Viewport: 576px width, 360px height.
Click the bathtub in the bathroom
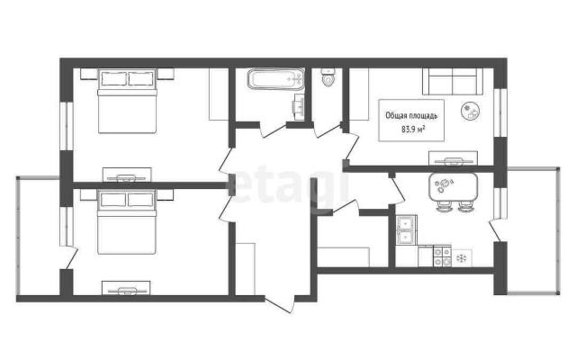[276, 78]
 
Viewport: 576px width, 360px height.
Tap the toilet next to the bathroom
[328, 77]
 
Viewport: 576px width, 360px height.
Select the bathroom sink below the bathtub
[300, 107]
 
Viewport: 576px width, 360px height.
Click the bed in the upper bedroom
[127, 101]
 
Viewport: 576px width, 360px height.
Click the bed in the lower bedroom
[127, 221]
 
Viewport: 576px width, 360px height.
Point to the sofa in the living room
[453, 82]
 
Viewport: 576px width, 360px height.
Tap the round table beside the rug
[470, 111]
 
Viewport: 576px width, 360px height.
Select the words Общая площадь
[411, 116]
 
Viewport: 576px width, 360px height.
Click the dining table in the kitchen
[454, 186]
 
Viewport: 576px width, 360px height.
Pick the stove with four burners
[442, 256]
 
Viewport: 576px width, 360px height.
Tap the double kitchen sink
[406, 230]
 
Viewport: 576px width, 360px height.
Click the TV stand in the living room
[454, 158]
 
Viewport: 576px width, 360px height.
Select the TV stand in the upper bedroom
[127, 175]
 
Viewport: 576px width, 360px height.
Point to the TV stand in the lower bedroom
[126, 288]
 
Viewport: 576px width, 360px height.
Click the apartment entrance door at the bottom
[280, 303]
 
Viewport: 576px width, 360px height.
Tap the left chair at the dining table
[444, 206]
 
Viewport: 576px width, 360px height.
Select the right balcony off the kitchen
[534, 230]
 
